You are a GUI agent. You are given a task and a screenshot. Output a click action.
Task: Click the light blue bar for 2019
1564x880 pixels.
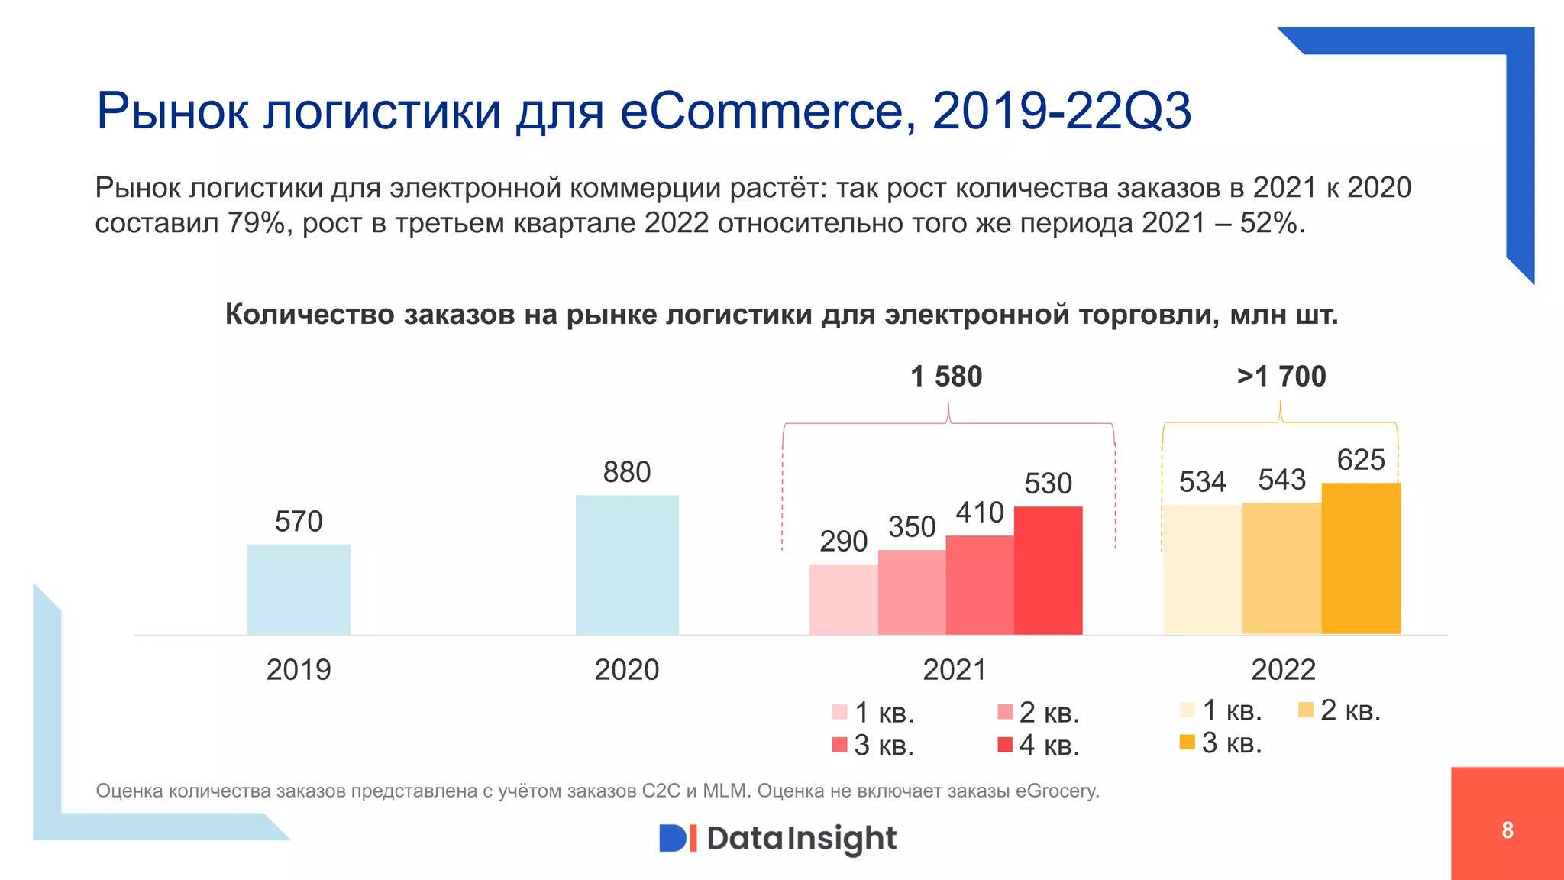tap(299, 589)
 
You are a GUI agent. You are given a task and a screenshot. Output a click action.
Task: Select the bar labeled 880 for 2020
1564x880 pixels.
tap(627, 565)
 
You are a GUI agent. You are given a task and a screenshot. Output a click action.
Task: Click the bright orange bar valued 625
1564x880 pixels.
tap(1361, 558)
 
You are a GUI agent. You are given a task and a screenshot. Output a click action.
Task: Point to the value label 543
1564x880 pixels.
tap(1281, 480)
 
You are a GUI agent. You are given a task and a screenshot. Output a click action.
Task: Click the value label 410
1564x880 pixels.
tap(980, 513)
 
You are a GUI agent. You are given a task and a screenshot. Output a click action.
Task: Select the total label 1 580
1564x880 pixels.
tap(946, 377)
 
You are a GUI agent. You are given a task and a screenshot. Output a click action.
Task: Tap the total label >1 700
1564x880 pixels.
tap(1281, 377)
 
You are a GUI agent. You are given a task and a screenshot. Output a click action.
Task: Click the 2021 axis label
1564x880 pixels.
tap(954, 670)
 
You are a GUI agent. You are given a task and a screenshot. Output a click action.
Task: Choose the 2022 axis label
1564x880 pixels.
tap(1283, 670)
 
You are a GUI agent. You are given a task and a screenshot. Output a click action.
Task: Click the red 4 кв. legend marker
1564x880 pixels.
tap(1005, 744)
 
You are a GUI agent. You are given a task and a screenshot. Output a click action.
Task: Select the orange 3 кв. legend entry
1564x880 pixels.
tap(1220, 742)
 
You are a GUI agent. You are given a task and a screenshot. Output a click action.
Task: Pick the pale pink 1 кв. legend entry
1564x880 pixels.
tap(874, 713)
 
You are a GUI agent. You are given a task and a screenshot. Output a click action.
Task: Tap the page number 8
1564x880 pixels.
tap(1507, 830)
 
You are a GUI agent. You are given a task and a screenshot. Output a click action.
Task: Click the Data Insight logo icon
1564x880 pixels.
tap(677, 838)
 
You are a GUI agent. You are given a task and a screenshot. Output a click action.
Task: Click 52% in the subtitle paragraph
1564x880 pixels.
tap(1271, 223)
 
